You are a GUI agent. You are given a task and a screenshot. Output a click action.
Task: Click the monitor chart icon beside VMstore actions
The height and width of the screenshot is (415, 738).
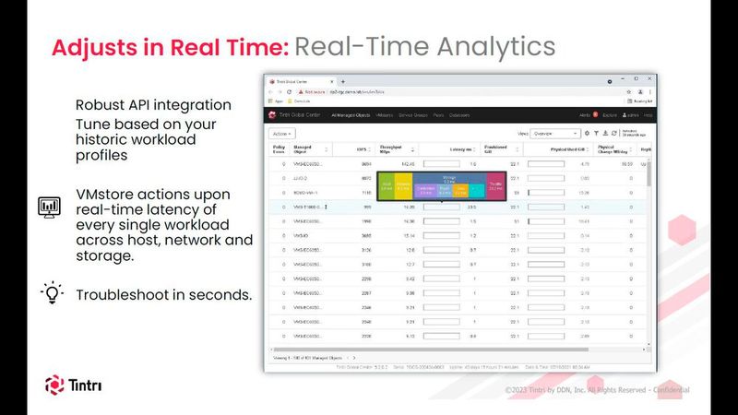pos(49,207)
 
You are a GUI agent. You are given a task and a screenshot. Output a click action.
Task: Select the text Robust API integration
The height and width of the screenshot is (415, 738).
pos(153,105)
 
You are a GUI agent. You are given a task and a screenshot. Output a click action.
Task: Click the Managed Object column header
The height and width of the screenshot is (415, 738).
pos(303,148)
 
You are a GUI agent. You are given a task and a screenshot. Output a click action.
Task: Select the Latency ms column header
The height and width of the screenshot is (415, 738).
pos(460,148)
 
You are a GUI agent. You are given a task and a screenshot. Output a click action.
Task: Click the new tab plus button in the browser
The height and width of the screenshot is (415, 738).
pos(343,82)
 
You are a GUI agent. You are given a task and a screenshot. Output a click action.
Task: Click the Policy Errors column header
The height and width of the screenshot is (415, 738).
pos(279,148)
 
